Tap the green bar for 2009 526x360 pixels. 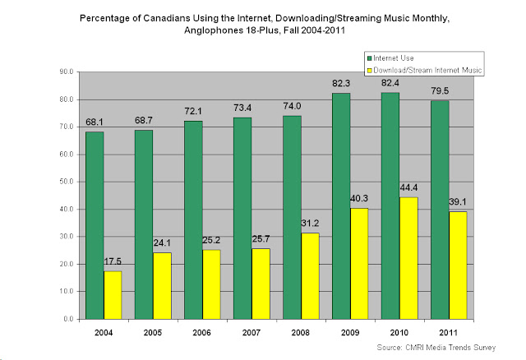[318, 205]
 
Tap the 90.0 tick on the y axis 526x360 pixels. [67, 72]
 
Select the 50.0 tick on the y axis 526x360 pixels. [67, 182]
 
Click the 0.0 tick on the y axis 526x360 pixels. [69, 318]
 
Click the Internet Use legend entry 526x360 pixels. [393, 57]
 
